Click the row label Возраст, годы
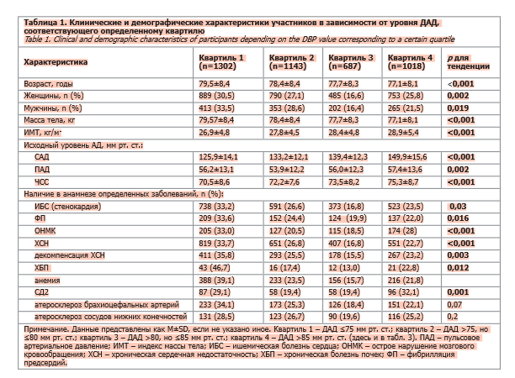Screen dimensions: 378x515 click(x=49, y=85)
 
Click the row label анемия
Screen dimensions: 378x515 click(x=49, y=276)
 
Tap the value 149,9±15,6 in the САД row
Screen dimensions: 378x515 click(x=407, y=156)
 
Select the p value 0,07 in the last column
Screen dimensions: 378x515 click(x=456, y=304)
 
